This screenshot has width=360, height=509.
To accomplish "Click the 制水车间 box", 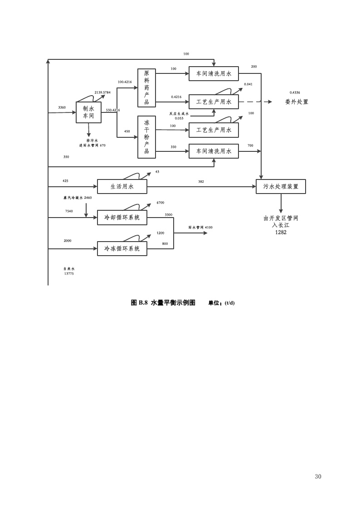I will [x=88, y=112].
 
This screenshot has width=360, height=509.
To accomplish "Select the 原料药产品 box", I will [x=146, y=87].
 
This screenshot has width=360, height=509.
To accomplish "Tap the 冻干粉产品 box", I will [x=146, y=137].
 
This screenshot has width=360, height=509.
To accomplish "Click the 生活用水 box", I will [x=122, y=186].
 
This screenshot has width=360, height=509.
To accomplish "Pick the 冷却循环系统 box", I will [x=122, y=218].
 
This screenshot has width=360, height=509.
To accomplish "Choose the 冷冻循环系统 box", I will [x=122, y=249].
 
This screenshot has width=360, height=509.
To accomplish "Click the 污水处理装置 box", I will [x=281, y=186].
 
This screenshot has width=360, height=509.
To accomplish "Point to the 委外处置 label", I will [x=297, y=102].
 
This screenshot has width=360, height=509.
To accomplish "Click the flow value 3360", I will [x=62, y=107].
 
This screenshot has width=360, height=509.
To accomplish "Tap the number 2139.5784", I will [x=102, y=92].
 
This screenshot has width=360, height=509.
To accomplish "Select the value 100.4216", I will [x=124, y=82].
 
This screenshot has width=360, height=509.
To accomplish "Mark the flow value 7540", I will [x=69, y=211].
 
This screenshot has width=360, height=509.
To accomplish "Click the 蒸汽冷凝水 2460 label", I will [x=78, y=198].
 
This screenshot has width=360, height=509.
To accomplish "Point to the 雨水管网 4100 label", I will [x=200, y=228].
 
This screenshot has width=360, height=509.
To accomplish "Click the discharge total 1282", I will [x=281, y=233].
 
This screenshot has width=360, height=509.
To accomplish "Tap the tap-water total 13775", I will [x=69, y=273].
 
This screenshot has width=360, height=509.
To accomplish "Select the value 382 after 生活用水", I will [x=201, y=182].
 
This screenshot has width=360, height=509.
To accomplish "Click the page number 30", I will [x=318, y=476].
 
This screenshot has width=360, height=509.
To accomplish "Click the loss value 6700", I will [x=160, y=203].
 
